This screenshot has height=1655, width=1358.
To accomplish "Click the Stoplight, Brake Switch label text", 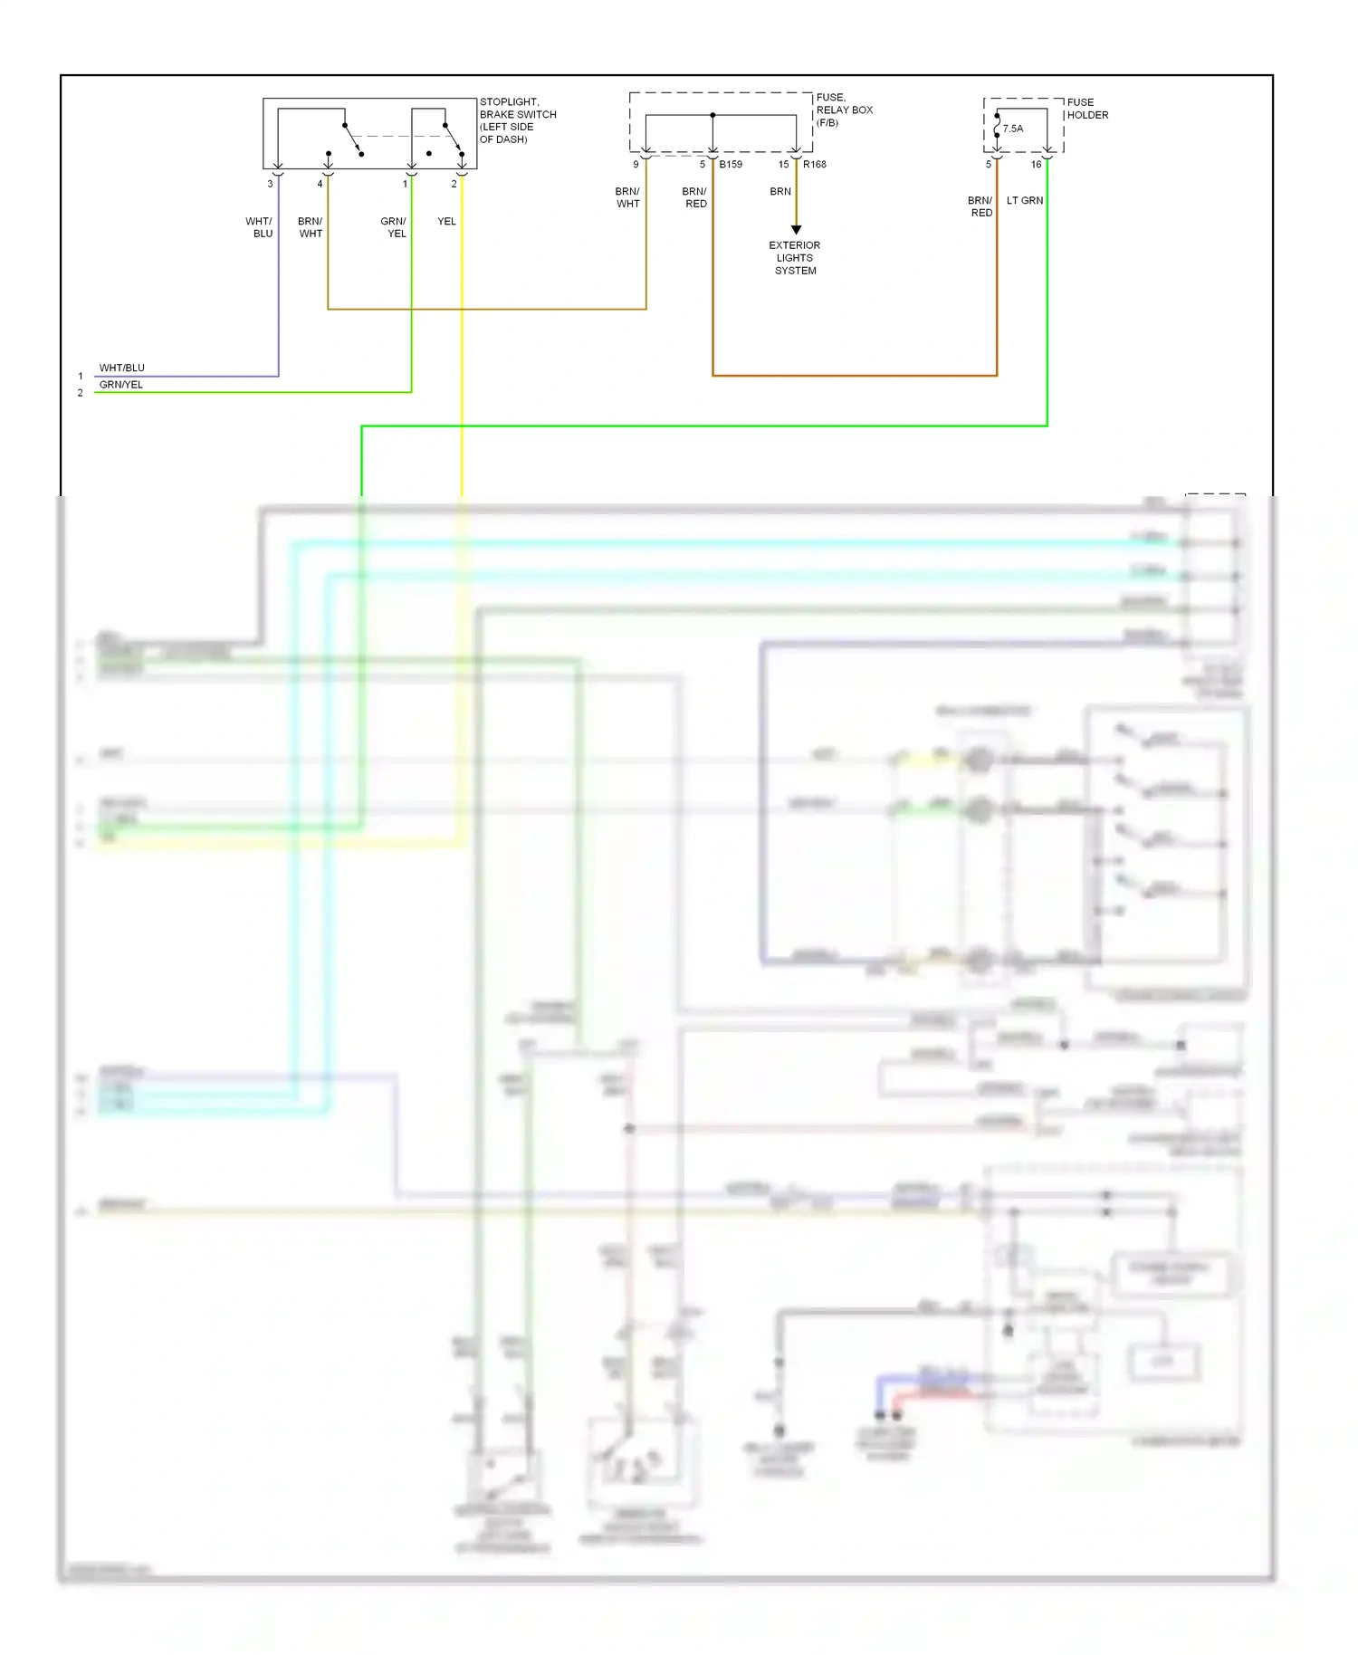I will (x=517, y=120).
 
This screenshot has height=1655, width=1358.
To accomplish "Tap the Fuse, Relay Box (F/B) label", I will (x=844, y=110).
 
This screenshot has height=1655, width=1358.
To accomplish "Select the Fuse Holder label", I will (x=1086, y=109).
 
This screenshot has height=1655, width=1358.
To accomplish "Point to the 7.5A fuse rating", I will (x=1013, y=129).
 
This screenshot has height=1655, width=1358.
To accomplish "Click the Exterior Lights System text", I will (x=795, y=258).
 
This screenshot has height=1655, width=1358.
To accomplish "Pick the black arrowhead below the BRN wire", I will (x=796, y=230).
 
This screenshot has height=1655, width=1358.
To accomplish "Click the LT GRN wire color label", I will (x=1025, y=201).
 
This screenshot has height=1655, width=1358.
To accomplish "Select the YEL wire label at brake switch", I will (x=446, y=222).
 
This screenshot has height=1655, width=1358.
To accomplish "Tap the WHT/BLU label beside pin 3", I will (x=260, y=227).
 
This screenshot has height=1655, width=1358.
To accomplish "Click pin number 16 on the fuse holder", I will (x=1036, y=165).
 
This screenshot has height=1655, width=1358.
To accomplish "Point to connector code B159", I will (x=731, y=165).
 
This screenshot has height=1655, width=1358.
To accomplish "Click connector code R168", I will (x=815, y=165).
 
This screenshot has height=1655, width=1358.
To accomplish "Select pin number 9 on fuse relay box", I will (x=636, y=165).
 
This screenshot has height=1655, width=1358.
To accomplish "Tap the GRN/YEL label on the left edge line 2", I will (x=121, y=385).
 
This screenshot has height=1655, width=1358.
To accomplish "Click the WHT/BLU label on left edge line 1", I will (x=121, y=368).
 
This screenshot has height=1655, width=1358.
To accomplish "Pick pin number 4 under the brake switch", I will (x=320, y=184).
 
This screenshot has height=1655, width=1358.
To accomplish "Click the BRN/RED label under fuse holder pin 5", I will (x=980, y=206).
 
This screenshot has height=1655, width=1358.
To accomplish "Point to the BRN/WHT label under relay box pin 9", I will (x=627, y=197).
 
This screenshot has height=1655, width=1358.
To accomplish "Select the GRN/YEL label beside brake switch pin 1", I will (x=394, y=227).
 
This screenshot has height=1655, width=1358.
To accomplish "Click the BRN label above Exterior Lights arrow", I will (x=780, y=192).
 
